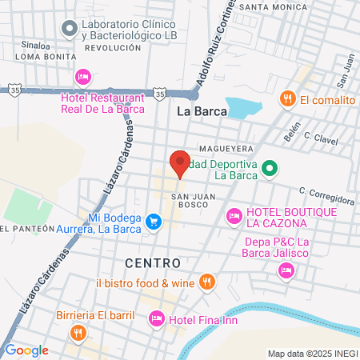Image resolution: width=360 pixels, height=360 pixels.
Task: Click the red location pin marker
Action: [180, 162]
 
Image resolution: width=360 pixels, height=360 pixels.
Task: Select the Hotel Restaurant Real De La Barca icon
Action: [82, 77]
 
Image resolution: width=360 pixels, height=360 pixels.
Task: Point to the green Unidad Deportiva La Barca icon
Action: [270, 168]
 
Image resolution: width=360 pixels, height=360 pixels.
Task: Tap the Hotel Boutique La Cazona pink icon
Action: [234, 215]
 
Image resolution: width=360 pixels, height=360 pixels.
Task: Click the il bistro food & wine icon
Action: [207, 282]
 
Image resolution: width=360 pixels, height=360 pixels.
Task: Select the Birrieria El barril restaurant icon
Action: [78, 333]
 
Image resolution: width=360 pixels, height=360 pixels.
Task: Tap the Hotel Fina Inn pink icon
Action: [157, 319]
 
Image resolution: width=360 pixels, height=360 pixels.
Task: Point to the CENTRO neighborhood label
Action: [153, 262]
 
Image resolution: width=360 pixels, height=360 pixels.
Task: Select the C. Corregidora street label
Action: [327, 192]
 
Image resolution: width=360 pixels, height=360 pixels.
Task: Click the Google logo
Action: [26, 350]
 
